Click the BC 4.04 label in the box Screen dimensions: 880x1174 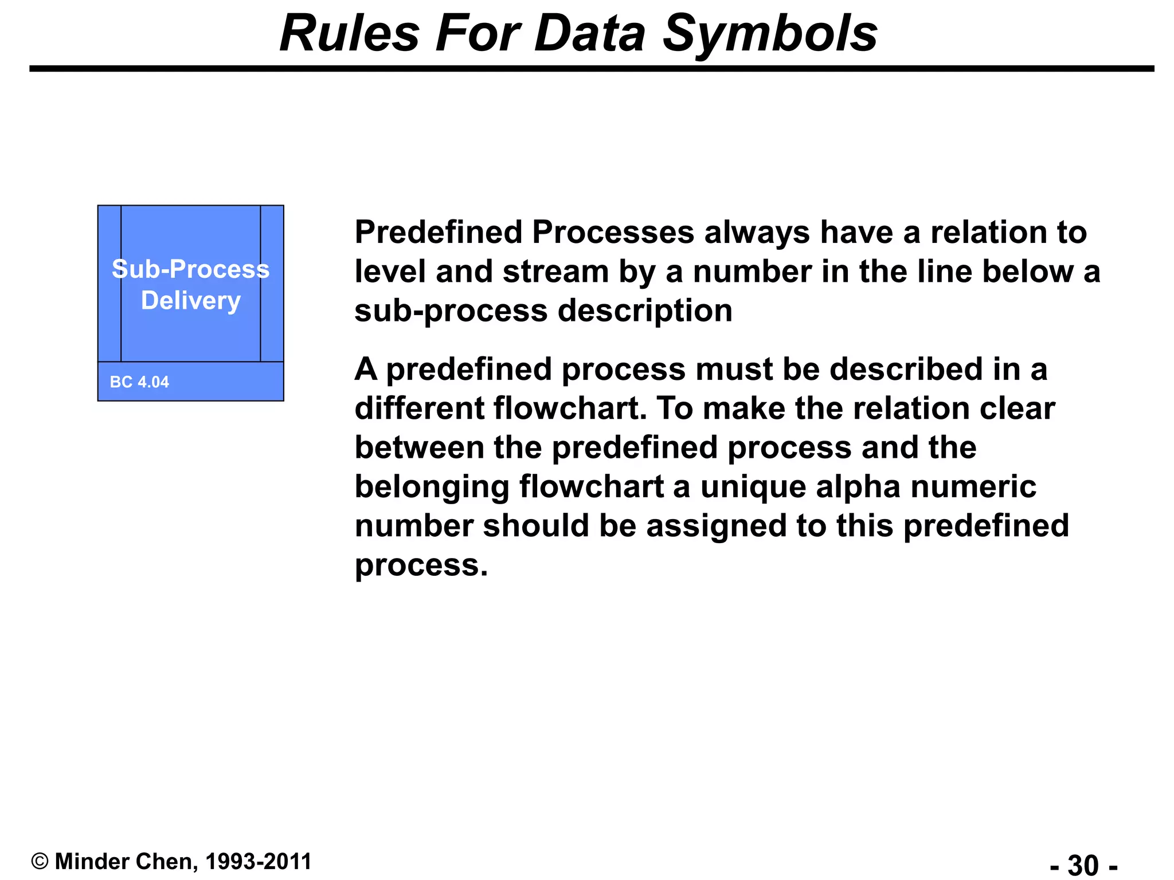139,382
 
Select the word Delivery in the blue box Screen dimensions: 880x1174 191,301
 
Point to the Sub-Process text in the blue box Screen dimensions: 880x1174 190,269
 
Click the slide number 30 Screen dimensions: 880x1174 1083,865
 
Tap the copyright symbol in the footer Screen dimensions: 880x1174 40,862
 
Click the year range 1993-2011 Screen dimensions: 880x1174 258,862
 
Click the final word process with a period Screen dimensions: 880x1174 421,566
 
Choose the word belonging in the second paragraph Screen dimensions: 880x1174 432,487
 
